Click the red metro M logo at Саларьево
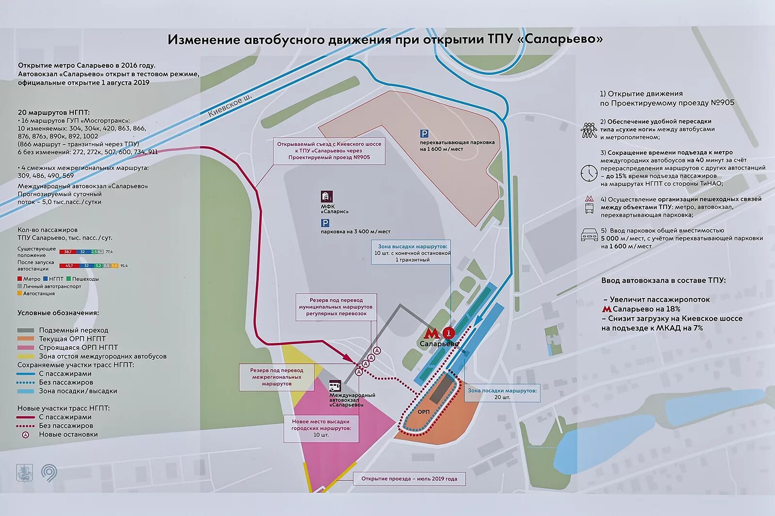[431, 333]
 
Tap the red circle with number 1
[449, 333]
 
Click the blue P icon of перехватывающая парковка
[424, 134]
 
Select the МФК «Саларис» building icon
[326, 196]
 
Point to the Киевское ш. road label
[230, 106]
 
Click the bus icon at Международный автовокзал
[335, 386]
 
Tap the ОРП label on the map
[423, 412]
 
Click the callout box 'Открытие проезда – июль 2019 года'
[409, 479]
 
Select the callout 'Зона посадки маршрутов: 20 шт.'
[502, 393]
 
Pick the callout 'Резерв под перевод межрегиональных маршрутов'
[277, 377]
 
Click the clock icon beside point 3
[589, 173]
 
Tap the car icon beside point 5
[589, 235]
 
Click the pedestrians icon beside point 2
[589, 130]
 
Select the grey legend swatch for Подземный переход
[26, 330]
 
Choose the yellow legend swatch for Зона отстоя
[26, 356]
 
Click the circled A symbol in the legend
[26, 435]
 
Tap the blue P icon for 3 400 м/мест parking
[325, 223]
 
